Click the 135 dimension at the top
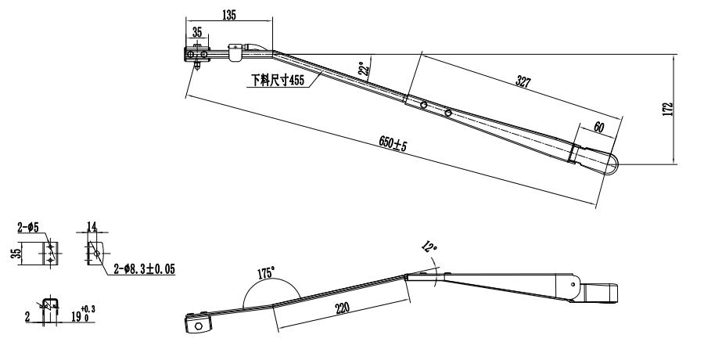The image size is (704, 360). [x=229, y=15]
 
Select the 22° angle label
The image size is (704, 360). [x=363, y=70]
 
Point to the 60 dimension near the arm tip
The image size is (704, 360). [x=599, y=126]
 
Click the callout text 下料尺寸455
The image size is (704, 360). [x=277, y=81]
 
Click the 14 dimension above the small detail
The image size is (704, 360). [x=92, y=227]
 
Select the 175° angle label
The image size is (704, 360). [x=265, y=273]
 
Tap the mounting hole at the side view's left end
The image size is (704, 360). [x=197, y=326]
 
